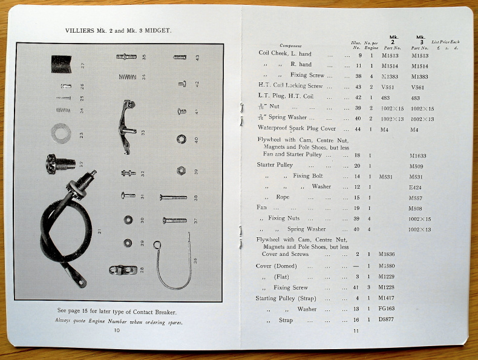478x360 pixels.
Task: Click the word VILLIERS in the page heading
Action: coord(82,29)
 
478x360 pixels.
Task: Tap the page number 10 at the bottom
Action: coord(117,330)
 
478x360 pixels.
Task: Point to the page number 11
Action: coord(356,330)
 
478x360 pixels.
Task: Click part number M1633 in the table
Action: coord(418,155)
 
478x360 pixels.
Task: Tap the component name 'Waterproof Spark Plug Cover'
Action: coord(296,129)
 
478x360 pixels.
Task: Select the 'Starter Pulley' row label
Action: coord(276,165)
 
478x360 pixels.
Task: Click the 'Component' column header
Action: coord(291,46)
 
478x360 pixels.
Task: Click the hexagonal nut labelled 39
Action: coord(180,171)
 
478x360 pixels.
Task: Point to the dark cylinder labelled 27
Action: coord(61,64)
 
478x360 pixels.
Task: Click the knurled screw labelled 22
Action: coord(60,163)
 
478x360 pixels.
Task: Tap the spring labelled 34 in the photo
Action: coord(126,77)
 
